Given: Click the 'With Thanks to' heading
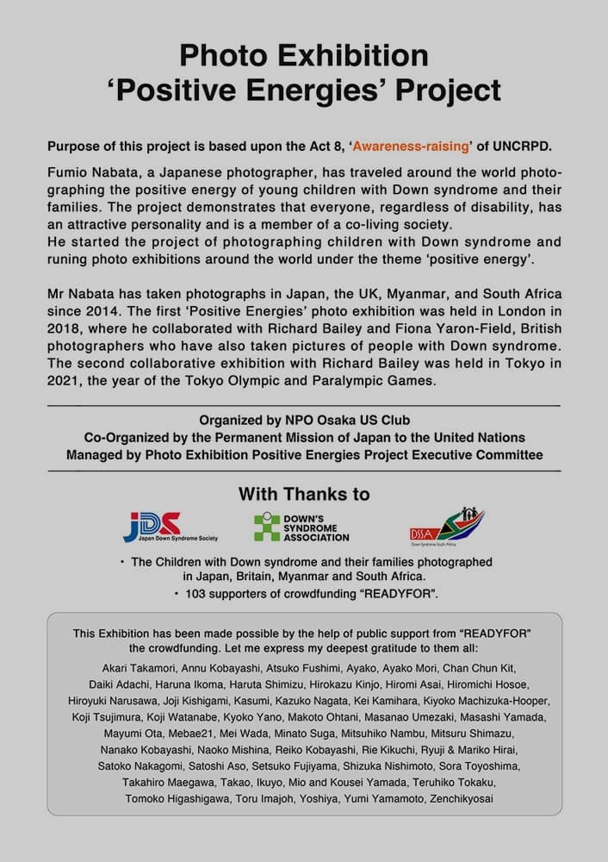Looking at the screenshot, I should click(304, 495).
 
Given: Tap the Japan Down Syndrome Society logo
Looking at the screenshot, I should click(170, 526).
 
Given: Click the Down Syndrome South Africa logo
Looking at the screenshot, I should click(446, 525).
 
